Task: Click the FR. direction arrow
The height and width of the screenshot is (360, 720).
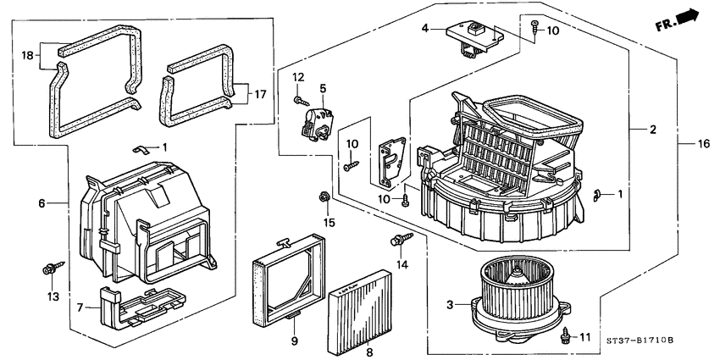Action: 684,19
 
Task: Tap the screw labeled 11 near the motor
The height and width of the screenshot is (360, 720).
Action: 564,336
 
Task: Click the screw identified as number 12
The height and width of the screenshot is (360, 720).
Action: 302,101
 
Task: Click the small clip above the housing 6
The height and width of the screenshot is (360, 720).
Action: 144,149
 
